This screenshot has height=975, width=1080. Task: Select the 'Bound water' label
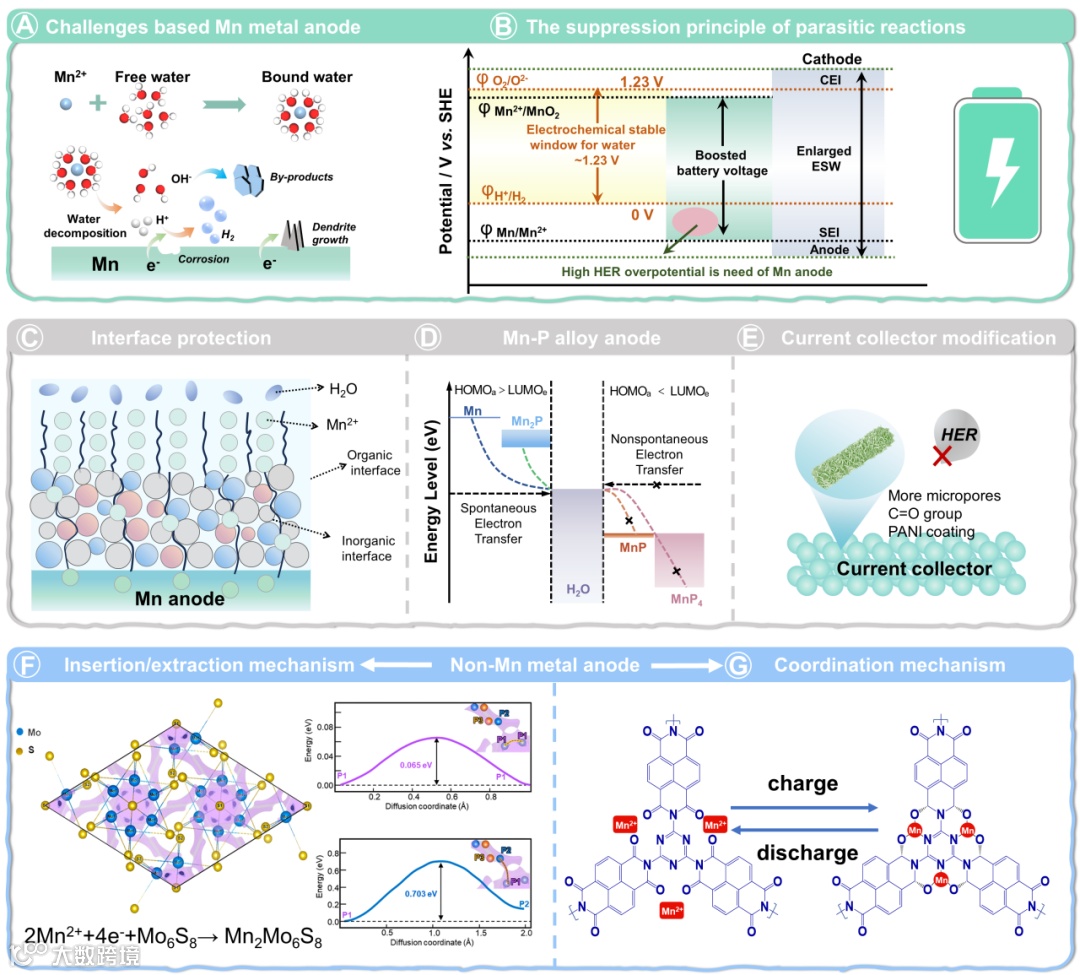[299, 77]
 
